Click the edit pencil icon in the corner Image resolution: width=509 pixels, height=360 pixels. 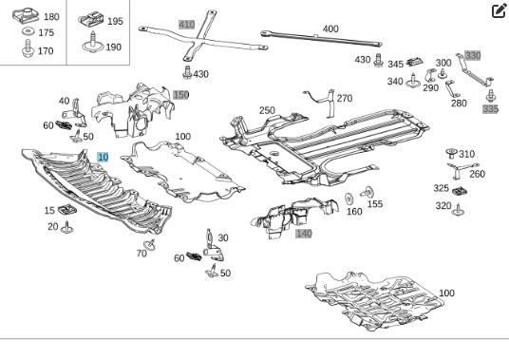[x=500, y=10]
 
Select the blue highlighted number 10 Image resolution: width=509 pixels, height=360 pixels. [x=103, y=157]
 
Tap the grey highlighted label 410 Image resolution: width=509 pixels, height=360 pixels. [x=187, y=25]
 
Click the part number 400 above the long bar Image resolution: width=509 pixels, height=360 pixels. [x=330, y=28]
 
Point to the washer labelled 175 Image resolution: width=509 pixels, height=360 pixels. [x=28, y=31]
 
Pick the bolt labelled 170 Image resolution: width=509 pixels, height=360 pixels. [x=28, y=48]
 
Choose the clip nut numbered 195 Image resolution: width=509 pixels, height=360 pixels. [x=91, y=20]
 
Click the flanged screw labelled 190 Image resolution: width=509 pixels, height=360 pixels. [x=93, y=43]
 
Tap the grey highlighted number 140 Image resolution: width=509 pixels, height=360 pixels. [x=304, y=234]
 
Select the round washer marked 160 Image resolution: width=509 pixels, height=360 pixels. [x=349, y=199]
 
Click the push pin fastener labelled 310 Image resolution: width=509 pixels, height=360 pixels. [x=451, y=153]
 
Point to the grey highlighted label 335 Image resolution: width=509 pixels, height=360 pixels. [x=490, y=109]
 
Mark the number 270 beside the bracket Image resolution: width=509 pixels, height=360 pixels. [x=345, y=98]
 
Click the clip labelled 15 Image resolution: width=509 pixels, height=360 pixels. [x=67, y=209]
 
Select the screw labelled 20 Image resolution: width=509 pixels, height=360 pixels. [x=66, y=228]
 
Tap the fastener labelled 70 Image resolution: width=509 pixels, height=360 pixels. [x=150, y=245]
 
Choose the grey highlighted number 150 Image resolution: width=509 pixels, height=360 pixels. [x=180, y=95]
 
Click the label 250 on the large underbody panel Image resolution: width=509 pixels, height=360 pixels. [x=267, y=110]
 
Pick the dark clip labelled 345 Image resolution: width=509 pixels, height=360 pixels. [x=415, y=61]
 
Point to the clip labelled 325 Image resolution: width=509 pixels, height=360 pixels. [x=460, y=191]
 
